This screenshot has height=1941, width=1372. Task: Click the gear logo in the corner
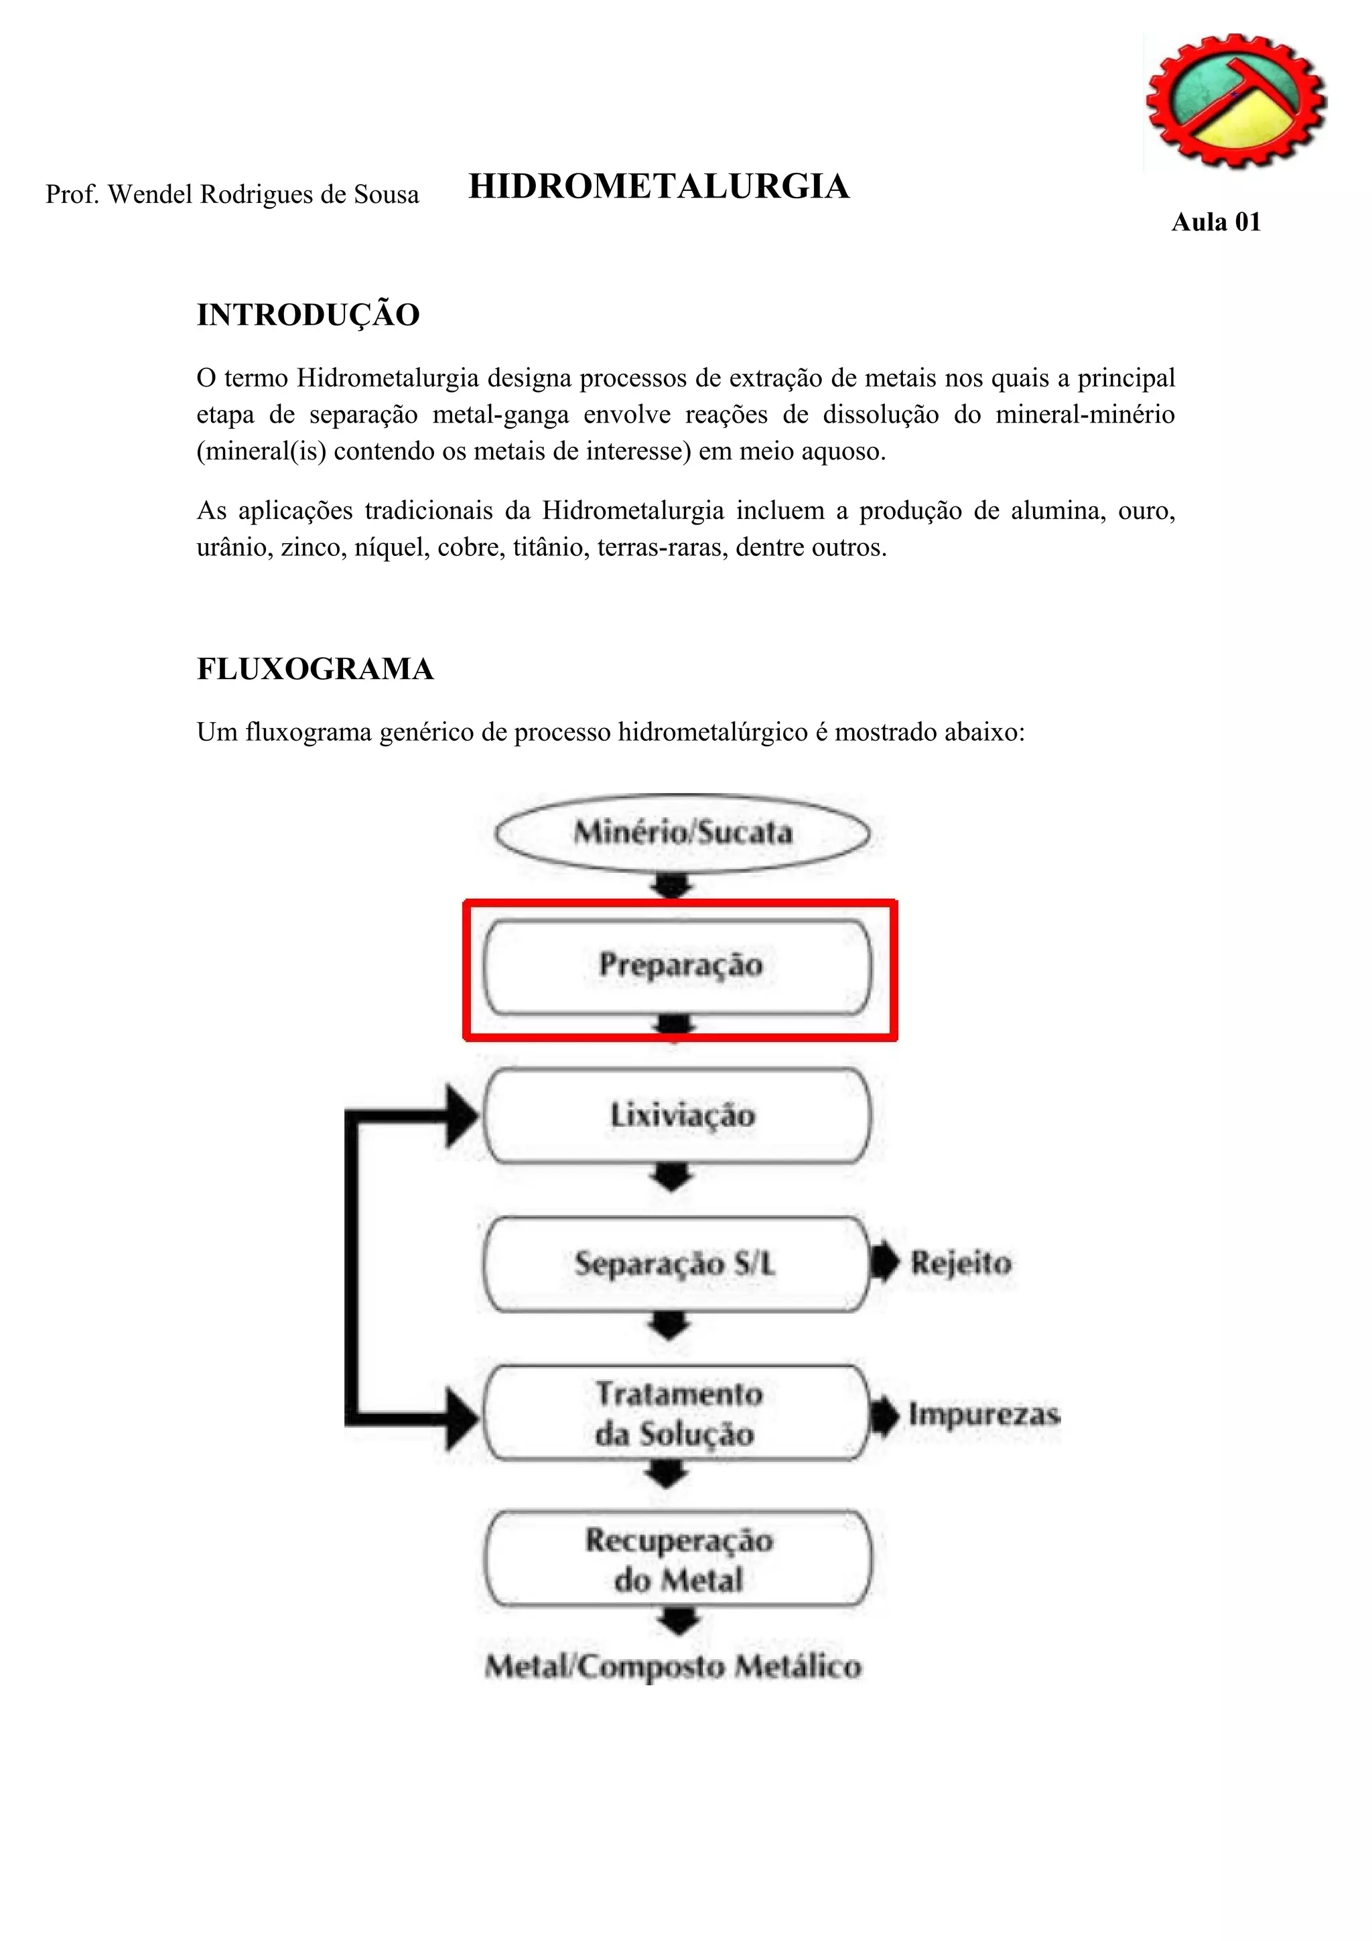coord(1235,101)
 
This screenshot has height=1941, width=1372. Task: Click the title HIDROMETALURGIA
coord(659,187)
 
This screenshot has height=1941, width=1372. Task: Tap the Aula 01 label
coord(1216,222)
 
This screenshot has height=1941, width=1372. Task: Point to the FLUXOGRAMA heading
coord(314,668)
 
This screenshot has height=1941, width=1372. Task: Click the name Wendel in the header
coord(153,194)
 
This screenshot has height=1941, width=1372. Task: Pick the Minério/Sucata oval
coord(682,833)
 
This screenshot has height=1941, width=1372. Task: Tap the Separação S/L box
coord(675,1264)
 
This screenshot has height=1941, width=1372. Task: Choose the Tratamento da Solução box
coord(675,1413)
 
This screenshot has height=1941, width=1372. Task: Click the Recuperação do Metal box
coord(678,1560)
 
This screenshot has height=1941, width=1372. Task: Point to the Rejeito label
coord(960,1263)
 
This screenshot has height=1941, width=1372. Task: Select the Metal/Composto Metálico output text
coord(673,1666)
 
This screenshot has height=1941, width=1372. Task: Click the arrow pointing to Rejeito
coord(884,1263)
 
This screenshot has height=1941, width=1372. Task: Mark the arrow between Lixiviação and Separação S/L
coord(671,1177)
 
